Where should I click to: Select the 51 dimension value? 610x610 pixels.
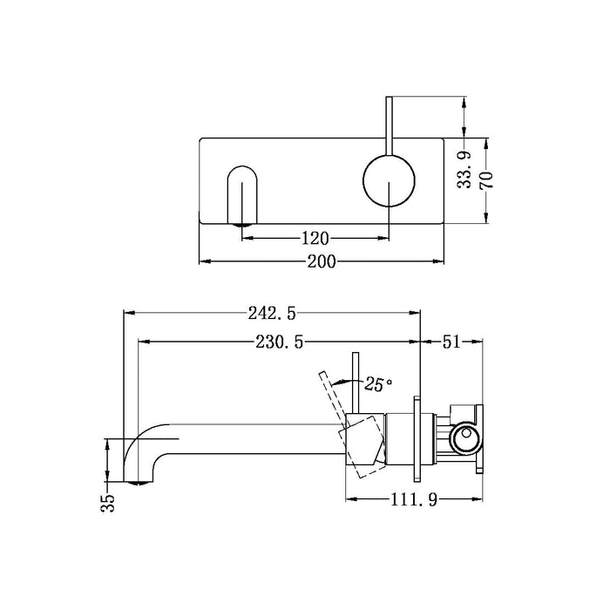coord(451,342)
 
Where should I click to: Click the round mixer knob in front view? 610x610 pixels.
coord(390,179)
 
